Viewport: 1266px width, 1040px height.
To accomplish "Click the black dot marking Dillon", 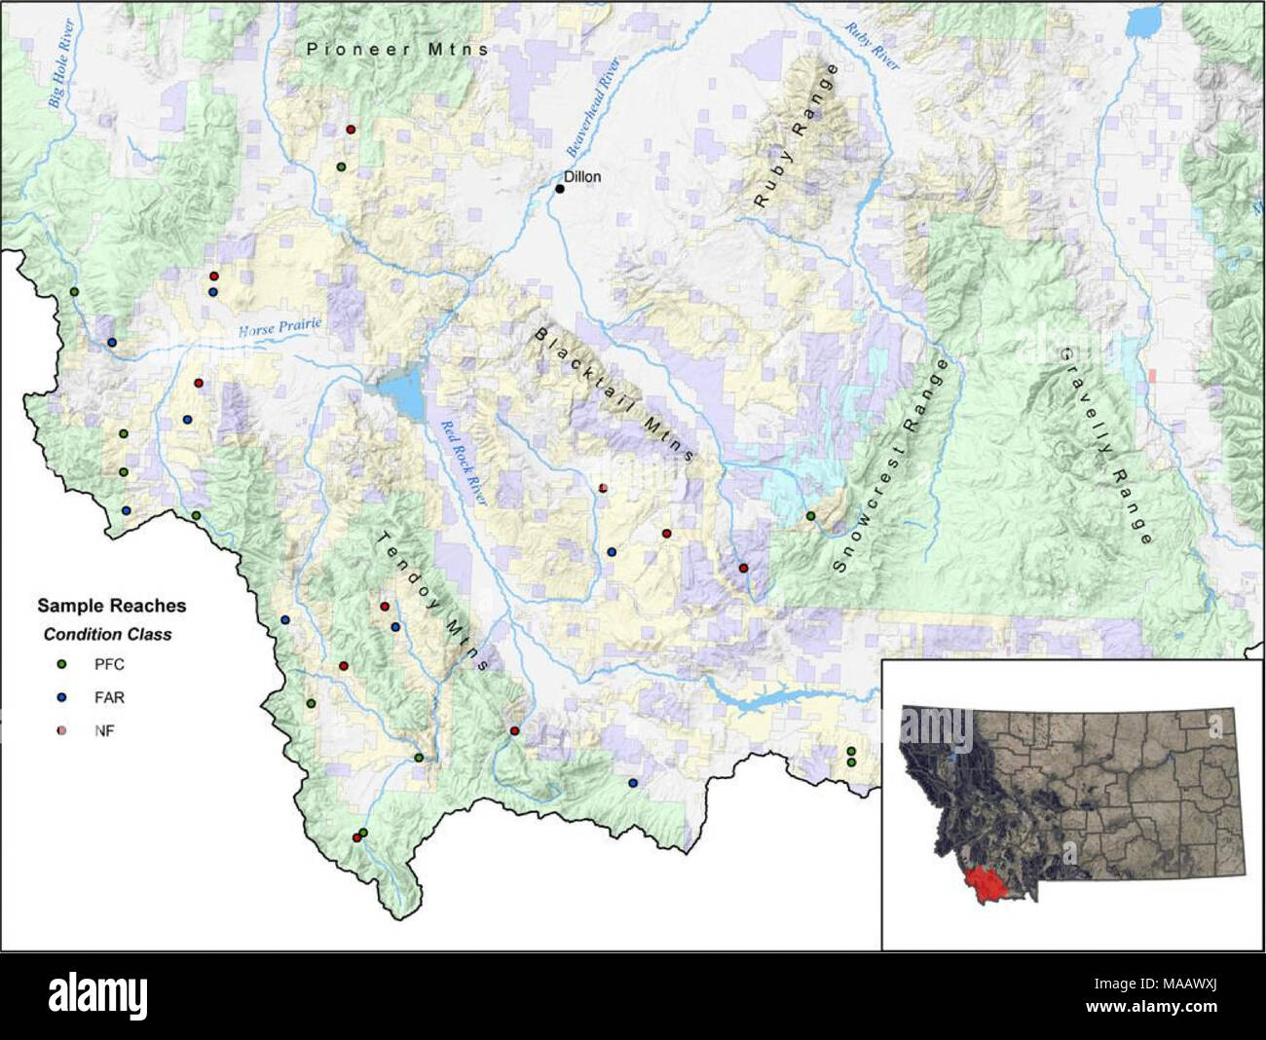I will (x=560, y=188).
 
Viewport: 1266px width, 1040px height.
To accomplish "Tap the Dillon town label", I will (x=582, y=176).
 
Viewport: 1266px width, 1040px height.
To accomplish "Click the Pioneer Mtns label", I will (x=397, y=48).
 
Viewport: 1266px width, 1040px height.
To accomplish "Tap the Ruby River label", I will (x=872, y=46).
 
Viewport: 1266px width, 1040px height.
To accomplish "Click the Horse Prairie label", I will (x=279, y=328).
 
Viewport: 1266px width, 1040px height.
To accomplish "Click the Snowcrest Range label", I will (x=892, y=466).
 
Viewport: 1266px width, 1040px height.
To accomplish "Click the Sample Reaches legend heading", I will (x=112, y=606).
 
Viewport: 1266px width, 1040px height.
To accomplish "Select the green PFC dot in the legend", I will (x=61, y=664).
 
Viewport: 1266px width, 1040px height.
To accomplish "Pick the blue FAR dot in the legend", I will (x=61, y=697).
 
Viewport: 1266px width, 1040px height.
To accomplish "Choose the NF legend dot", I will (x=61, y=730).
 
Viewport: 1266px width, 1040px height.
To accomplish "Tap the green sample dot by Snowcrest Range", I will (x=810, y=516).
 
